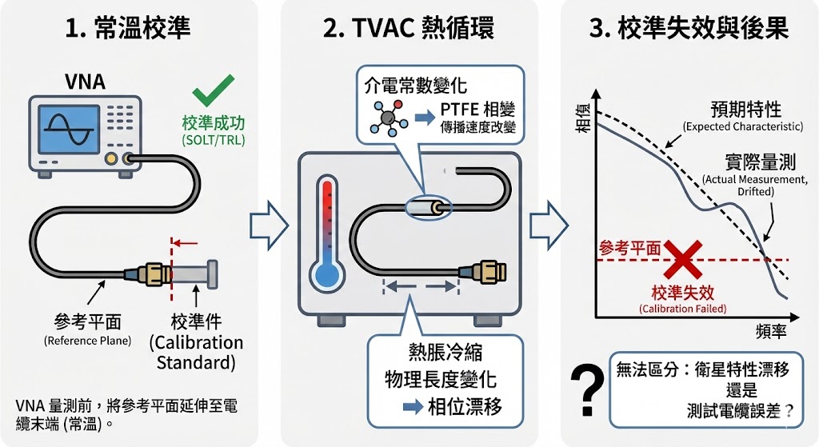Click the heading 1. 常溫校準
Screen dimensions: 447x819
(x=129, y=29)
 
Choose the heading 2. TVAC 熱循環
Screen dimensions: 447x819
(x=409, y=29)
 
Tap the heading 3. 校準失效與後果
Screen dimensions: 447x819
(x=689, y=29)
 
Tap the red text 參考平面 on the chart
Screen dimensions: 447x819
(x=630, y=248)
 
